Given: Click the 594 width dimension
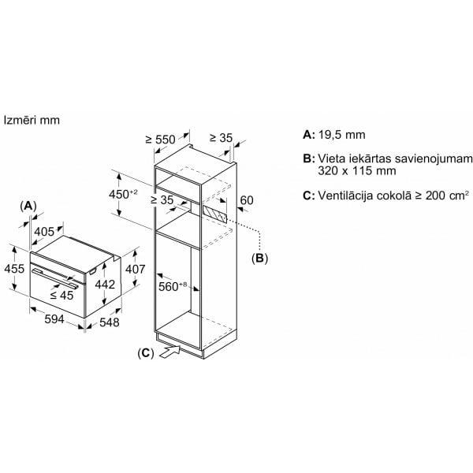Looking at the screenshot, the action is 54,319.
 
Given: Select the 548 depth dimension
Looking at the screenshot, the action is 110,322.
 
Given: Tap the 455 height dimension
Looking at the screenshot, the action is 14,269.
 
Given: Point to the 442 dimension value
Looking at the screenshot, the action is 105,284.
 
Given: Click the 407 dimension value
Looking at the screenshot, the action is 135,269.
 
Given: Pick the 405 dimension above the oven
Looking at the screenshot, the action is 44,232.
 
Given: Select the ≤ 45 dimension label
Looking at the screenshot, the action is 61,296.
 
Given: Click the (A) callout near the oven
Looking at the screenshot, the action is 28,206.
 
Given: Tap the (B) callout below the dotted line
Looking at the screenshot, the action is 259,259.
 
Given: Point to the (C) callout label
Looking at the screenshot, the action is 146,353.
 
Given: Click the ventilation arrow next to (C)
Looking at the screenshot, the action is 169,352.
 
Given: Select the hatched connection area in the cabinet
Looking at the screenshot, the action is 214,214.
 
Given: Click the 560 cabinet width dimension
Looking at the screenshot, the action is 173,285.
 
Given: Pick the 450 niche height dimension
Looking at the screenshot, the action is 124,194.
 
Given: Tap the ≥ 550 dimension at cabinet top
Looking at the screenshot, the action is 160,140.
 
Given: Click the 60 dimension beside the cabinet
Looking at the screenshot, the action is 247,200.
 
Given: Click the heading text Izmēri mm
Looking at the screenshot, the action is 32,120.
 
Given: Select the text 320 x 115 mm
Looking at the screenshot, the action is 357,171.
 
